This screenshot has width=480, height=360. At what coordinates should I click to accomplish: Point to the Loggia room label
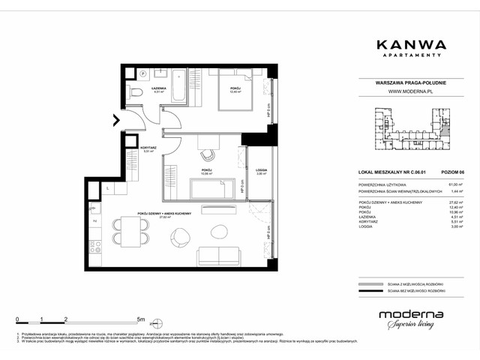pos(261,172)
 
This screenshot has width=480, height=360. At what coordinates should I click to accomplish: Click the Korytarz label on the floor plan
pos(147,148)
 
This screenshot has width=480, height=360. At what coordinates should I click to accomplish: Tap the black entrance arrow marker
pos(115,119)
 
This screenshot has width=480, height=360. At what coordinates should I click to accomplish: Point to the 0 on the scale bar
pos(16,318)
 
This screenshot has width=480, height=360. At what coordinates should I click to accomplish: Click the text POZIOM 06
pos(451,172)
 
